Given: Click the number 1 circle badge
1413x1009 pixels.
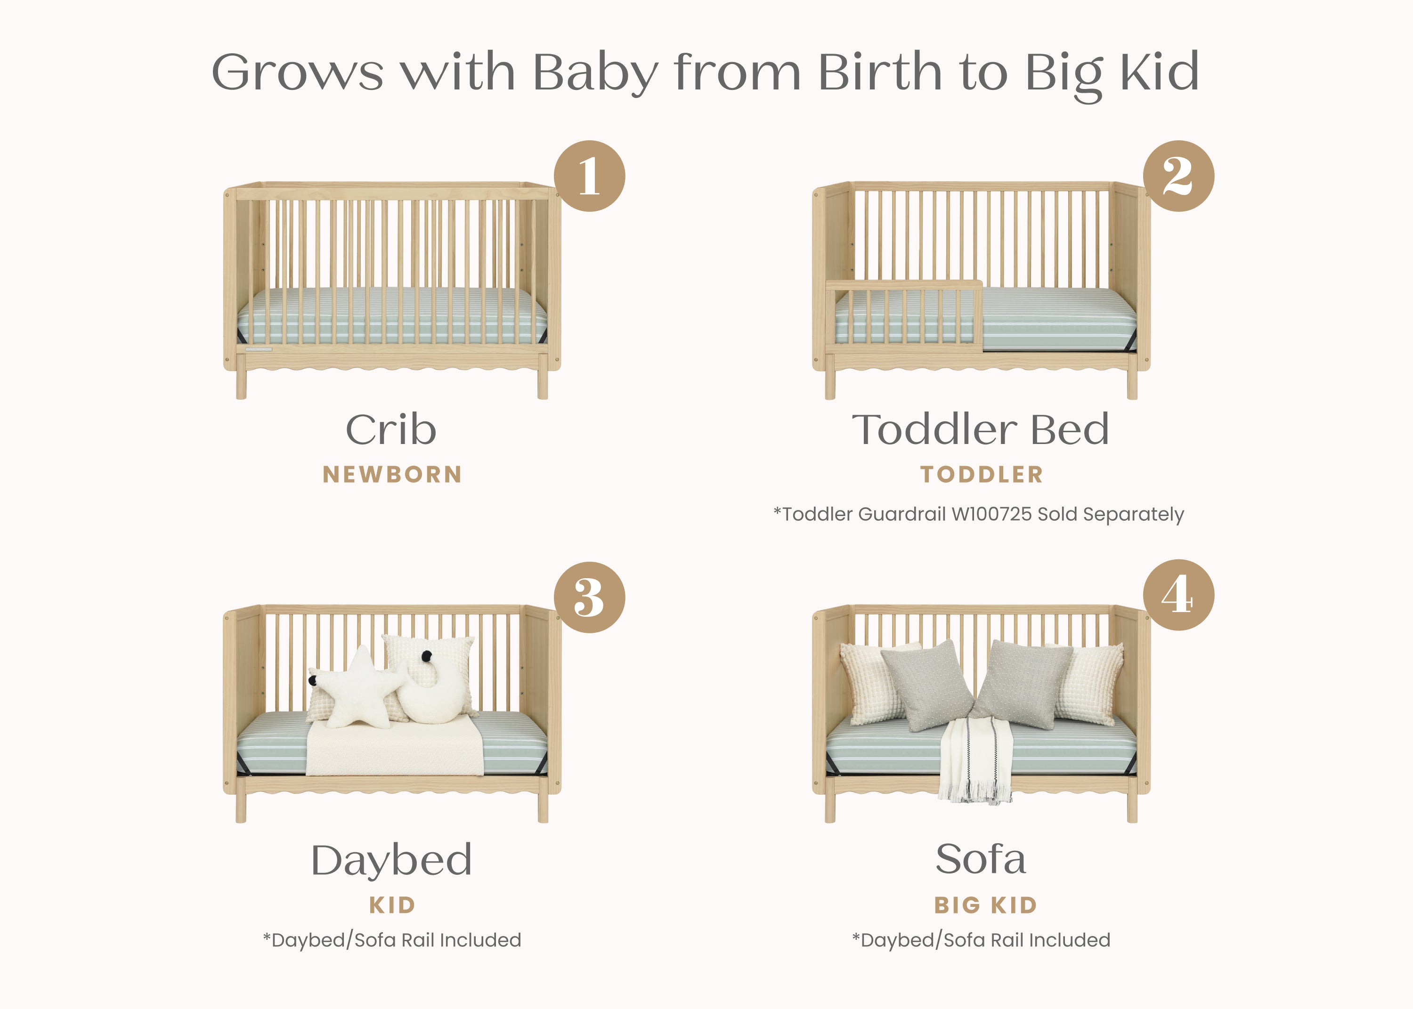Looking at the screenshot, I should pyautogui.click(x=589, y=176).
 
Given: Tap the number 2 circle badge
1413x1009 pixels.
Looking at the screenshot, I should pyautogui.click(x=1178, y=176).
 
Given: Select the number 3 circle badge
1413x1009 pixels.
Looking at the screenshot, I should pyautogui.click(x=589, y=597).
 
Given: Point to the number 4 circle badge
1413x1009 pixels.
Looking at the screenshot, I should pyautogui.click(x=1178, y=595).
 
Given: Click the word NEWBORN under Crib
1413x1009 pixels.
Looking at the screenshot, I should pyautogui.click(x=392, y=475).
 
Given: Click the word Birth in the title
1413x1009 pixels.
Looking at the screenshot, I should pyautogui.click(x=880, y=72).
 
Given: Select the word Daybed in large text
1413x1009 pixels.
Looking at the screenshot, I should pyautogui.click(x=391, y=861).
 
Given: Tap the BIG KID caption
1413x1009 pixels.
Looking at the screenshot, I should pyautogui.click(x=985, y=905).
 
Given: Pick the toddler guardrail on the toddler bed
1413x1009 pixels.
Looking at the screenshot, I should pyautogui.click(x=905, y=314).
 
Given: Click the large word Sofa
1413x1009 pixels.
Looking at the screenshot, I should pyautogui.click(x=981, y=859).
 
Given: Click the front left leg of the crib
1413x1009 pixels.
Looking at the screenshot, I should pyautogui.click(x=241, y=383).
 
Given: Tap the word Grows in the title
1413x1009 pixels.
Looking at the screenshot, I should pyautogui.click(x=297, y=72).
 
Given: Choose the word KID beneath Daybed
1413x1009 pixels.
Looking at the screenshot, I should pyautogui.click(x=392, y=905).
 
